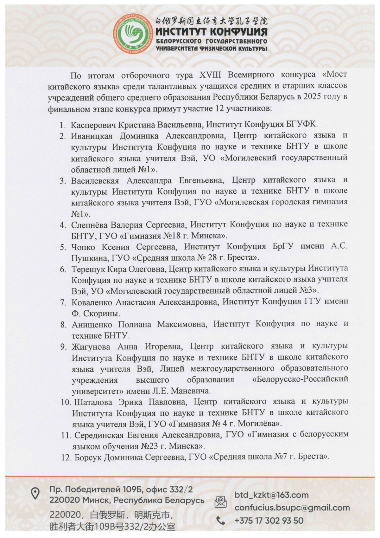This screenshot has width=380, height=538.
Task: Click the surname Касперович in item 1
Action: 93,125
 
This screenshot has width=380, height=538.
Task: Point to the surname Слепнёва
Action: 89,225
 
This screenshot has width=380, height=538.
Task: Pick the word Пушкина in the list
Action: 90,258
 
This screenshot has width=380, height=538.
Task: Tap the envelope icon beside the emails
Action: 220,501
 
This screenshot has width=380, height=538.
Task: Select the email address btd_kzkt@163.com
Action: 271,495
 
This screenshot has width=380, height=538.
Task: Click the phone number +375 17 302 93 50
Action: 269,520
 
